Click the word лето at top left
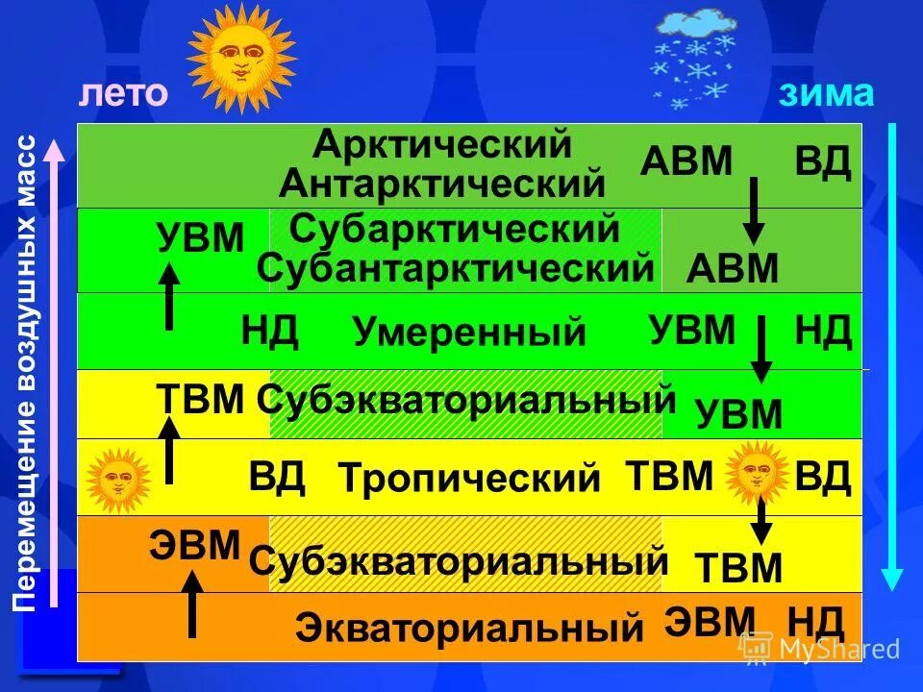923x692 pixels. pyautogui.click(x=123, y=93)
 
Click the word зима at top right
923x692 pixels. pyautogui.click(x=826, y=93)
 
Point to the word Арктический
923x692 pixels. pyautogui.click(x=442, y=145)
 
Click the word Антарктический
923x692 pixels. pyautogui.click(x=441, y=182)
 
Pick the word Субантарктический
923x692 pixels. pyautogui.click(x=456, y=268)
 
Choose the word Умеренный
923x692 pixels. pyautogui.click(x=469, y=333)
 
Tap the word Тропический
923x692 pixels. pyautogui.click(x=469, y=478)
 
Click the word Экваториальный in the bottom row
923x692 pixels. pyautogui.click(x=469, y=629)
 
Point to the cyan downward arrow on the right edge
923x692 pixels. pyautogui.click(x=892, y=356)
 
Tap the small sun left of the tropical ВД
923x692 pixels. pyautogui.click(x=118, y=478)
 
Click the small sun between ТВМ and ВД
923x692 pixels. pyautogui.click(x=757, y=472)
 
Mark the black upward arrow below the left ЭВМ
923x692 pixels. pyautogui.click(x=193, y=603)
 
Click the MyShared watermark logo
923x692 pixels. pyautogui.click(x=819, y=649)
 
